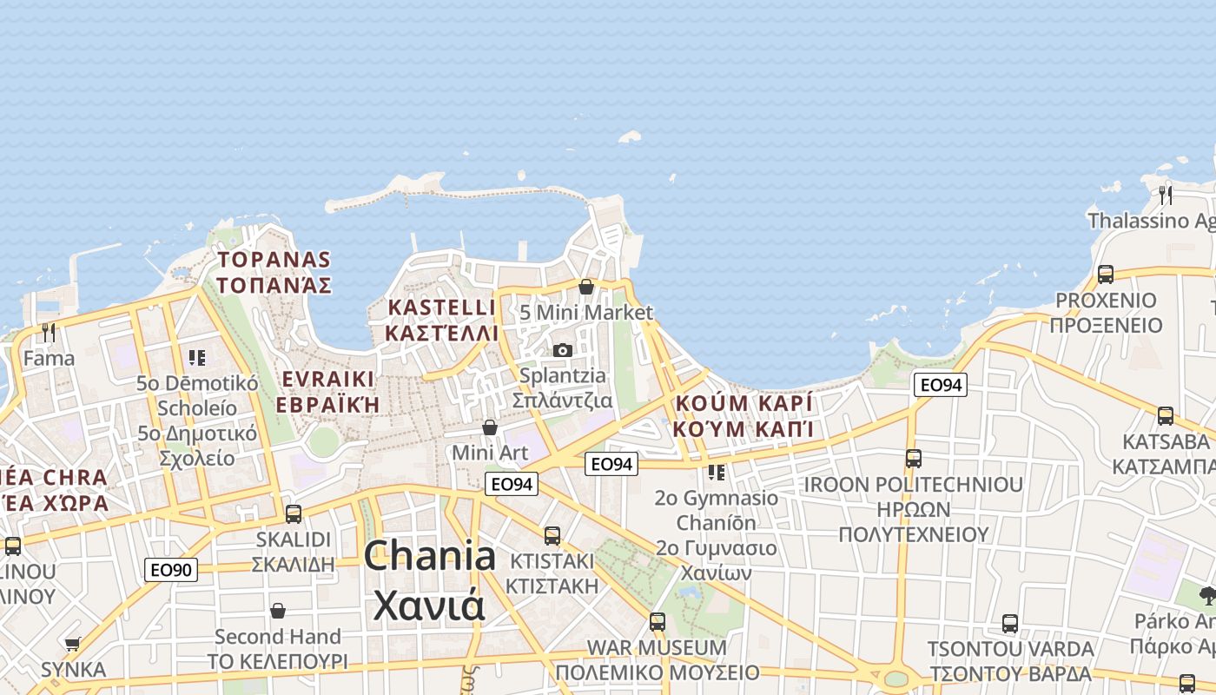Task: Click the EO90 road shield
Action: pyautogui.click(x=171, y=570)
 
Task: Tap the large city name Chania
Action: pyautogui.click(x=430, y=556)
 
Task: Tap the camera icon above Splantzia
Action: pyautogui.click(x=563, y=350)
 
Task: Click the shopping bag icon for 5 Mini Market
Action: pyautogui.click(x=586, y=286)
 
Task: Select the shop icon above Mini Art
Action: pyautogui.click(x=490, y=427)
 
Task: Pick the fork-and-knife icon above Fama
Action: pyautogui.click(x=49, y=332)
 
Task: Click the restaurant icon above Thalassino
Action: pyautogui.click(x=1166, y=195)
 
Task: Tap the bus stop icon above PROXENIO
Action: pyautogui.click(x=1105, y=274)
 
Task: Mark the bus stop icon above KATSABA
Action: pyautogui.click(x=1165, y=415)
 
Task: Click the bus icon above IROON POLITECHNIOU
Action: pyautogui.click(x=913, y=458)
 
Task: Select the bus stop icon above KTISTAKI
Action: pyautogui.click(x=552, y=535)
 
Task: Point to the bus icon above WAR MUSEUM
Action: pyautogui.click(x=657, y=622)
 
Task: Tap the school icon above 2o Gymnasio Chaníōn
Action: pyautogui.click(x=717, y=472)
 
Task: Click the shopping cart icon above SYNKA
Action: pyautogui.click(x=72, y=644)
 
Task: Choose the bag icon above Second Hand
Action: pyautogui.click(x=277, y=611)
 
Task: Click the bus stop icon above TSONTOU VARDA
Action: pyautogui.click(x=1009, y=623)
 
